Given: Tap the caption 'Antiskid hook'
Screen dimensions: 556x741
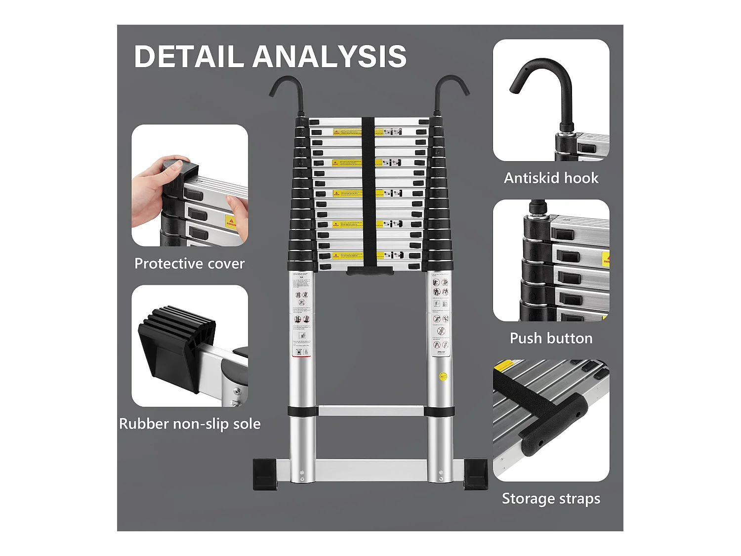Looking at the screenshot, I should pyautogui.click(x=551, y=178).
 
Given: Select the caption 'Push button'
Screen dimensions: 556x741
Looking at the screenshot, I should pyautogui.click(x=551, y=338).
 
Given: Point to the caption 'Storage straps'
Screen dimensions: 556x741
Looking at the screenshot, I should pyautogui.click(x=551, y=498).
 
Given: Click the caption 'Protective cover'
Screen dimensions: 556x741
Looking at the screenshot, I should pyautogui.click(x=189, y=263).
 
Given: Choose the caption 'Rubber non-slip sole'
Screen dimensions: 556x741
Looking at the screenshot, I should pyautogui.click(x=190, y=424).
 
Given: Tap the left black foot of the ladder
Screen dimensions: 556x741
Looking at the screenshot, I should pyautogui.click(x=265, y=474).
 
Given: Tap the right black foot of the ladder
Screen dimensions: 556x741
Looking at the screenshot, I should pyautogui.click(x=475, y=474).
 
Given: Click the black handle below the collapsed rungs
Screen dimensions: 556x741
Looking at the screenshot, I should pyautogui.click(x=370, y=271).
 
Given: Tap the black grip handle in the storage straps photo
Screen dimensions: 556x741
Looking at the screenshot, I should pyautogui.click(x=553, y=425).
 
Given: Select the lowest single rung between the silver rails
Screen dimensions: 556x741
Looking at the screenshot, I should pyautogui.click(x=370, y=411).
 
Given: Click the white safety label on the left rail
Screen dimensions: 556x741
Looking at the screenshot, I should pyautogui.click(x=301, y=316).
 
